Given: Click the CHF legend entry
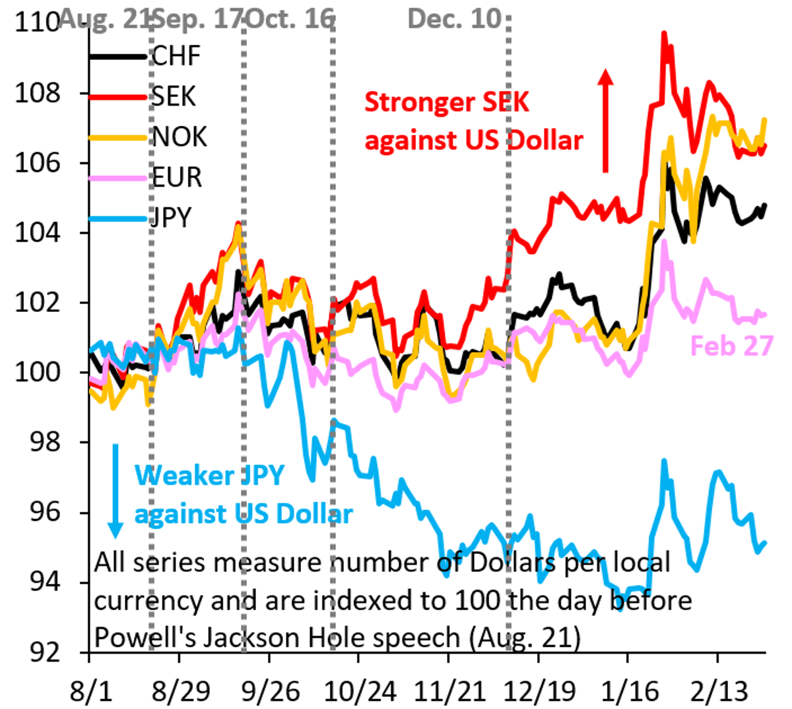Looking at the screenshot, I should [x=176, y=57].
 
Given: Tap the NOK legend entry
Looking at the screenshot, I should [x=180, y=137].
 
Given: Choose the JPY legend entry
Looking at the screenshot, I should [x=172, y=217].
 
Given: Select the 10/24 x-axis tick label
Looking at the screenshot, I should [x=360, y=692].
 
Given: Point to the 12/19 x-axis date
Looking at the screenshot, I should [x=539, y=692].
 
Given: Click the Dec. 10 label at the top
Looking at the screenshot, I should [x=455, y=18].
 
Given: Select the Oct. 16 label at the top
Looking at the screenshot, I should [x=290, y=18].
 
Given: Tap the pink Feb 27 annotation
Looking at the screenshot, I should [x=731, y=346].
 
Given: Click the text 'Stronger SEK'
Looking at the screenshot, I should [x=447, y=102].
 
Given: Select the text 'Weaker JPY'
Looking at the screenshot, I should [x=209, y=476].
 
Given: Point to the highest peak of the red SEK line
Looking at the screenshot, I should [x=664, y=32].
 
